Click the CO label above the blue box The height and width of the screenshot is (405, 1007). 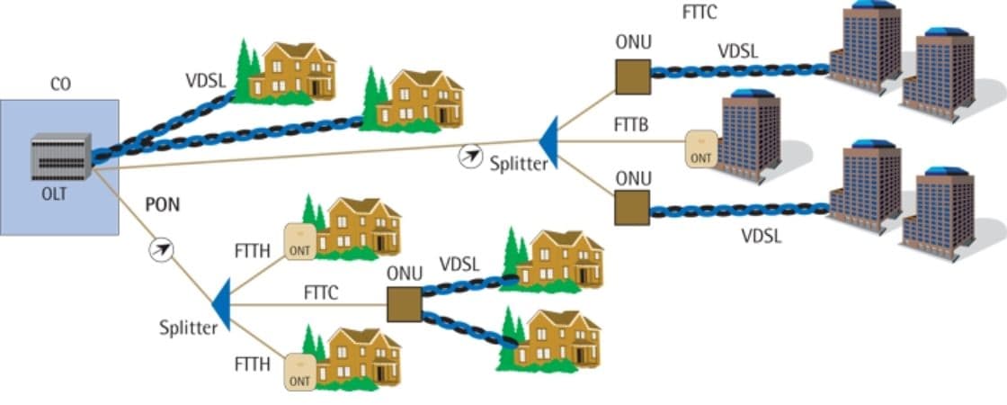59,85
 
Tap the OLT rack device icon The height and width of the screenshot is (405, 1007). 60,156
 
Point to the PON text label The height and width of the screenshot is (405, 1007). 163,204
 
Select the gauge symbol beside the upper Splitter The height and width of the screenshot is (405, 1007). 469,156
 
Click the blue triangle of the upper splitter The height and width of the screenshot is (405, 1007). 549,142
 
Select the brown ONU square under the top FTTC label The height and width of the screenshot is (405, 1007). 633,77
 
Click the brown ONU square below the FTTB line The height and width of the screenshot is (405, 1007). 633,207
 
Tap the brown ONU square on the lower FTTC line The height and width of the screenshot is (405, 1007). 405,303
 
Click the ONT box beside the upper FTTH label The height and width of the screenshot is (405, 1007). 299,241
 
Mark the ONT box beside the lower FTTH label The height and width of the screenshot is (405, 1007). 299,371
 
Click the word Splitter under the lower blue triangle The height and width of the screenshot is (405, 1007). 189,328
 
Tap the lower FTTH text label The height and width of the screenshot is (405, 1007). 252,364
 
